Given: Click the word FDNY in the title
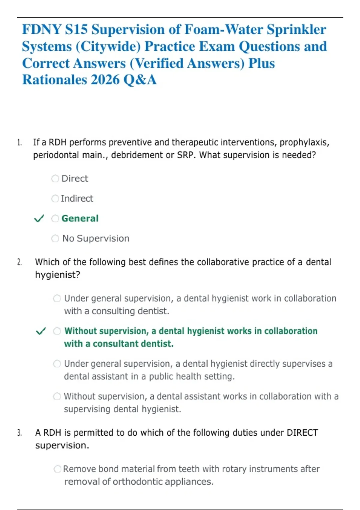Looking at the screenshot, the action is [42, 30].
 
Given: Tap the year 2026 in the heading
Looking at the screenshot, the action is [105, 80].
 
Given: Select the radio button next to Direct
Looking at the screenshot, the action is [55, 178].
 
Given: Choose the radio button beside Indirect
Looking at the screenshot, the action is [55, 199].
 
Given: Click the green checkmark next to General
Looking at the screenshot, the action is [39, 218].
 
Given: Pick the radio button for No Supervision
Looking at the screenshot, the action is [55, 238].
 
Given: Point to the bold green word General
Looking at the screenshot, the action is [80, 218].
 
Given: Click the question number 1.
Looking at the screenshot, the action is [19, 142].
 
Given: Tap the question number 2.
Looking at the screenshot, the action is [19, 262].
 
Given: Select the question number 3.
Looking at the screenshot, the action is [19, 433].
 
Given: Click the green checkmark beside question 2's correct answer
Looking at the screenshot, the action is [41, 331].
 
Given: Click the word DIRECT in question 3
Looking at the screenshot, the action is [302, 433].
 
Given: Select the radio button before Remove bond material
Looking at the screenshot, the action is [57, 469].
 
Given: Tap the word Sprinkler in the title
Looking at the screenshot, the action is [296, 30].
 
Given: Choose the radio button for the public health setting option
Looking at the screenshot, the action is [57, 364].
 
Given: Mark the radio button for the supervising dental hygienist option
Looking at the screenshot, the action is [57, 396].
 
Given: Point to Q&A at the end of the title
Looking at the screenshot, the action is [140, 80].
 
